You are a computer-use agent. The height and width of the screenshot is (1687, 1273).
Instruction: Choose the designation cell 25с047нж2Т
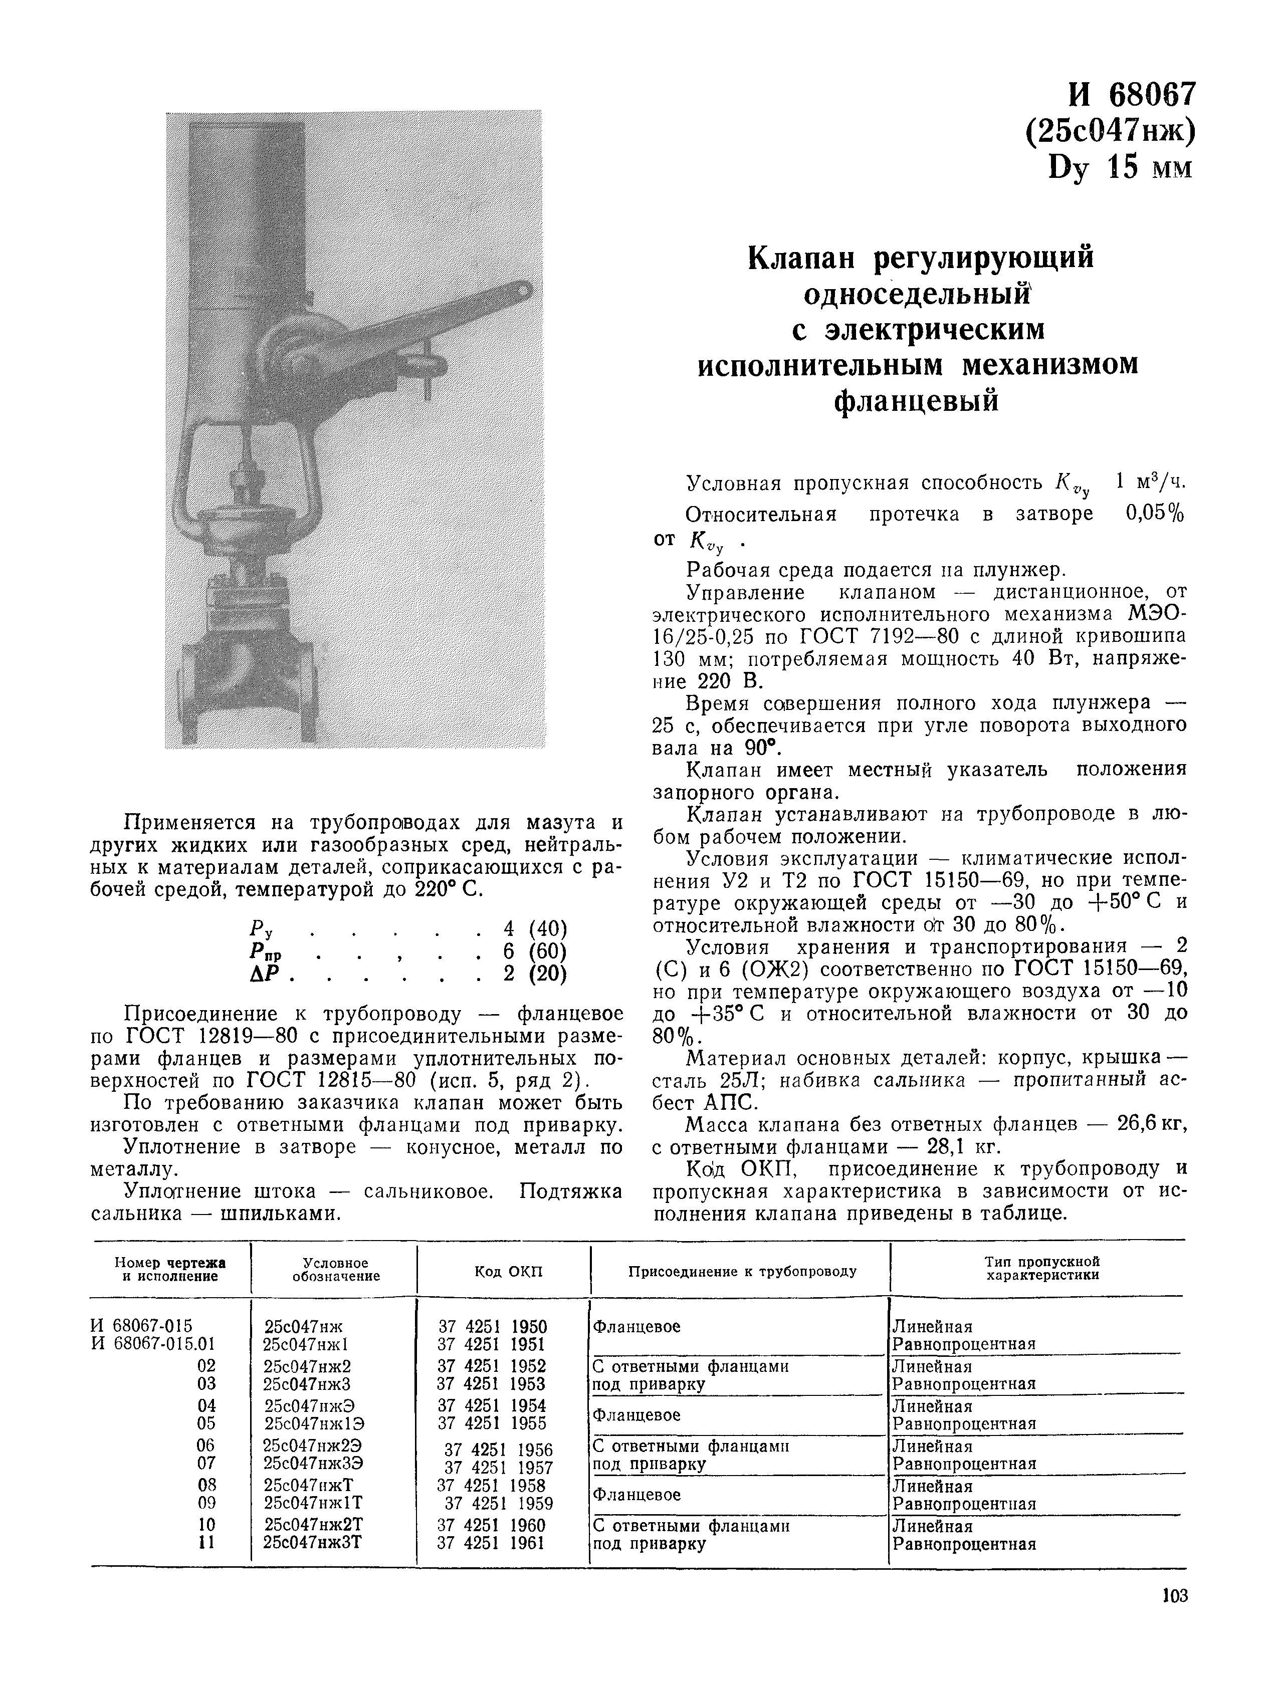tap(313, 1525)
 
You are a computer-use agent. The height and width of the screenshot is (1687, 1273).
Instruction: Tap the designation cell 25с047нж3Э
tap(313, 1463)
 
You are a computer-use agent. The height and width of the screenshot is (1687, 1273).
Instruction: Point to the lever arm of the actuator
tap(427, 320)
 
